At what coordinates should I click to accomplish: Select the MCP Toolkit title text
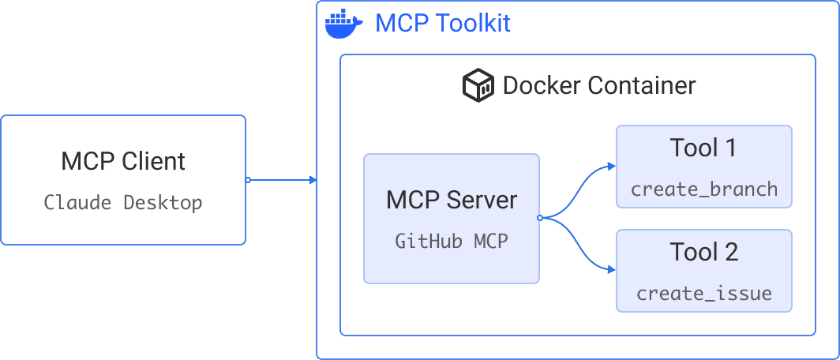click(x=442, y=24)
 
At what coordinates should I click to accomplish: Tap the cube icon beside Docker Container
click(x=478, y=85)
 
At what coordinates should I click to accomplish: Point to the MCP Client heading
click(x=123, y=161)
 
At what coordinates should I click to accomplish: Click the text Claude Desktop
click(x=123, y=202)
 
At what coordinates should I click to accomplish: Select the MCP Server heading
click(x=452, y=200)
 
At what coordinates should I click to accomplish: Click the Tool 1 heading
click(x=703, y=148)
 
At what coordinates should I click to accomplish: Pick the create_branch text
click(x=703, y=189)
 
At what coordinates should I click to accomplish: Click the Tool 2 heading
click(x=703, y=252)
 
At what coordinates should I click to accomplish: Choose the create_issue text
click(x=703, y=294)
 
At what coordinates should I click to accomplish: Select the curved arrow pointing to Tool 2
click(x=580, y=251)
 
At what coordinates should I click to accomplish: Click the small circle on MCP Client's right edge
click(x=247, y=180)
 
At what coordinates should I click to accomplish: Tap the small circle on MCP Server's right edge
click(x=539, y=217)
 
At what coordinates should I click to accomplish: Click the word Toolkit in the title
click(x=474, y=24)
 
